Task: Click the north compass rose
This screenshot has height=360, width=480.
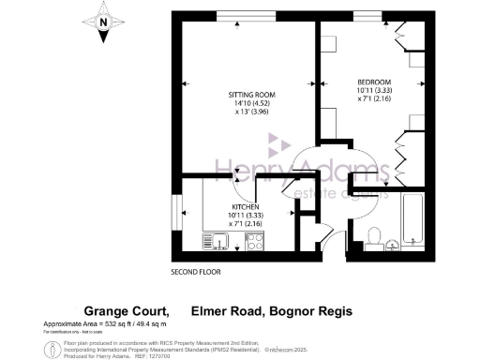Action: pyautogui.click(x=102, y=22)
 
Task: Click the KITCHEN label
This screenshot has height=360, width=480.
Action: pyautogui.click(x=245, y=206)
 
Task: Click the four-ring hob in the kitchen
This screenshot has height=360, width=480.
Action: pyautogui.click(x=254, y=243)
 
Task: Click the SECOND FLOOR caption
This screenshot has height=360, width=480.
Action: pyautogui.click(x=195, y=273)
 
